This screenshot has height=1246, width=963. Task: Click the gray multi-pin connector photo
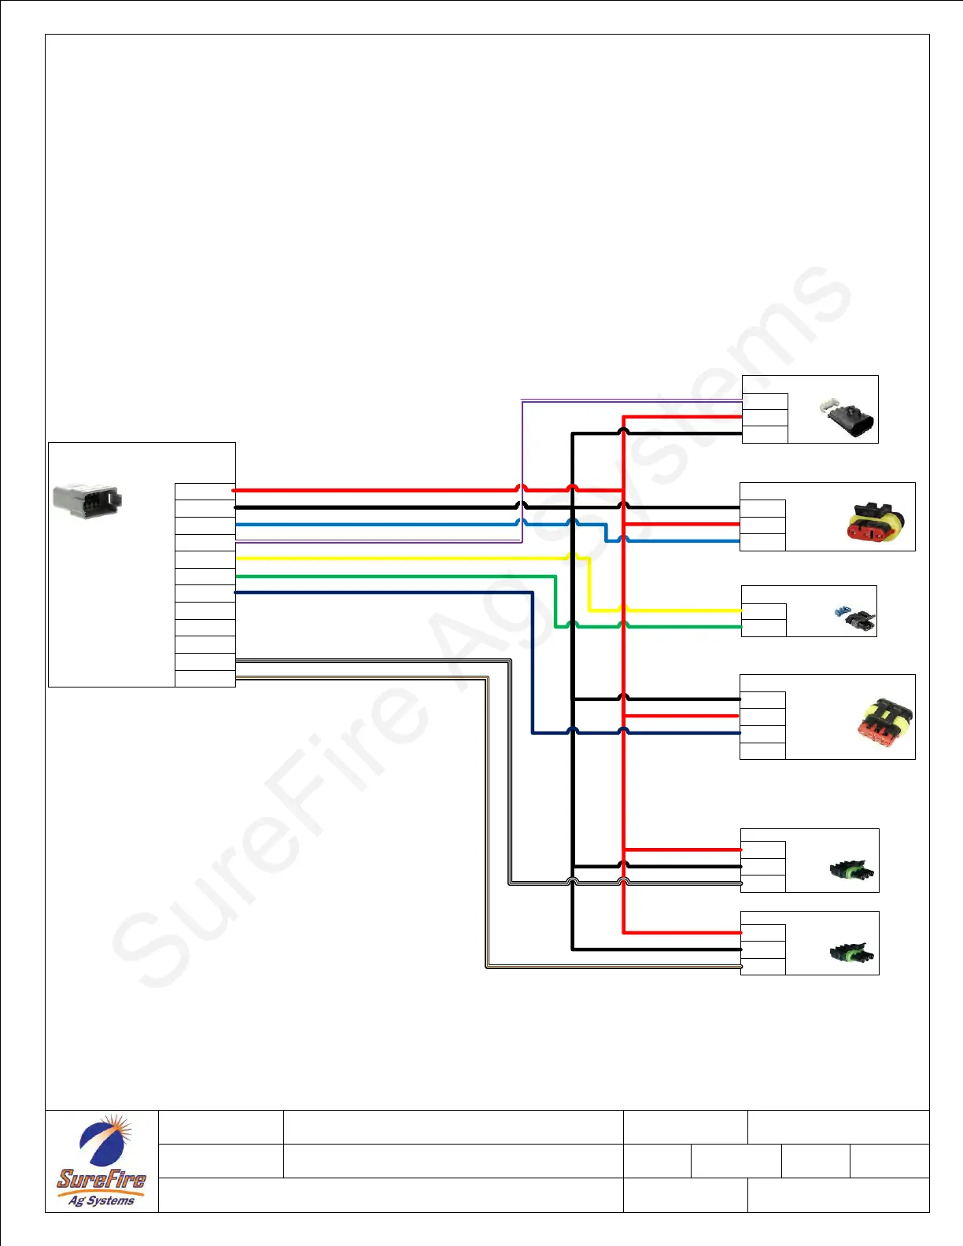(x=87, y=501)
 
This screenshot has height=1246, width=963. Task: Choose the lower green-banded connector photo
(x=852, y=953)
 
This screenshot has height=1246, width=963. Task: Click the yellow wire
(x=393, y=558)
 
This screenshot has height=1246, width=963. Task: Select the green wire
(x=393, y=576)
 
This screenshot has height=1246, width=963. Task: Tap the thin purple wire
(x=378, y=541)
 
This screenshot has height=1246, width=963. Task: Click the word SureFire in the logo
(x=101, y=1178)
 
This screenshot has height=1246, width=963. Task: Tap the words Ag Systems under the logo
(x=101, y=1200)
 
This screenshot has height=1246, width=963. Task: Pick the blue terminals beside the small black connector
(x=842, y=610)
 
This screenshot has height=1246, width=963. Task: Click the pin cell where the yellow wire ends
(x=763, y=611)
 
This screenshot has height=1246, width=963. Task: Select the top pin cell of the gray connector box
(x=205, y=492)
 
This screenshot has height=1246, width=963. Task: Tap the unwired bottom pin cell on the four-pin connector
(x=762, y=750)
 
